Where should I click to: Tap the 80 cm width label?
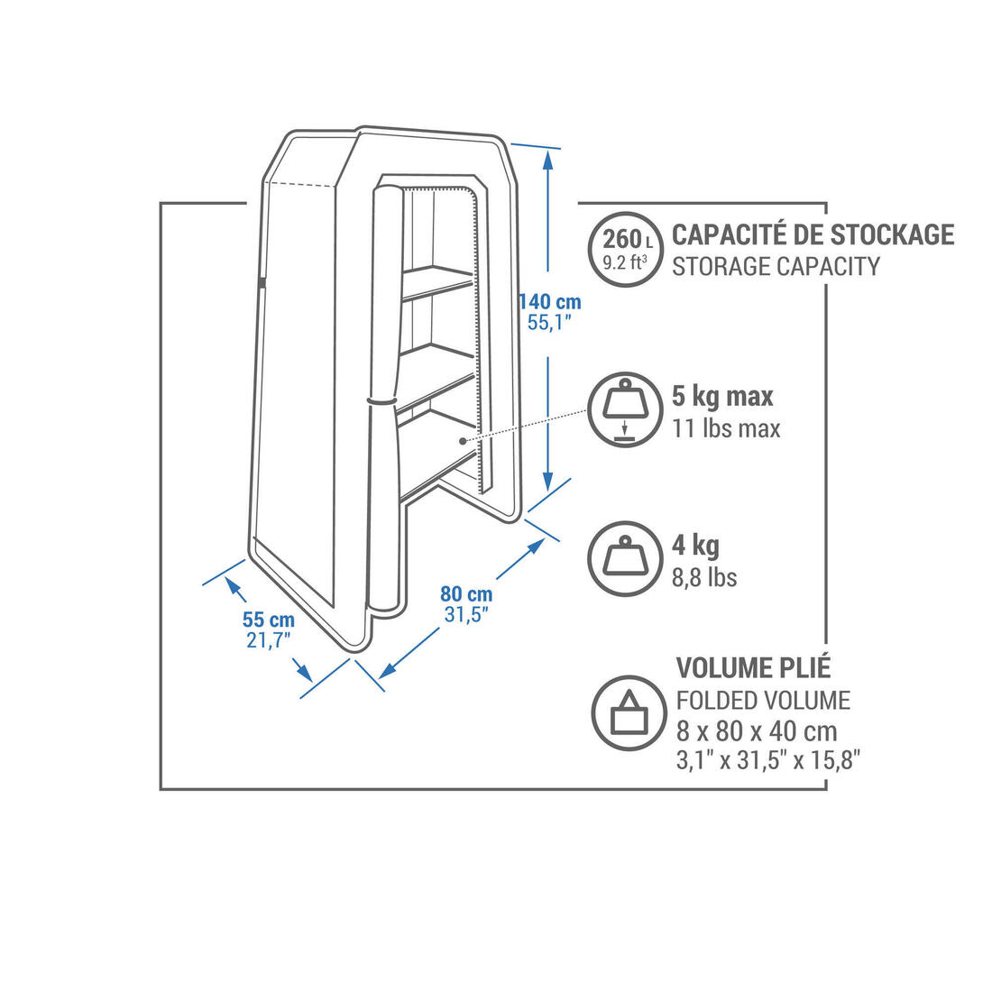tap(466, 594)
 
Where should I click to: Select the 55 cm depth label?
tap(268, 620)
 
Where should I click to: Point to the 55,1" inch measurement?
tap(549, 324)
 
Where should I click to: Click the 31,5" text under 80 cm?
tap(466, 615)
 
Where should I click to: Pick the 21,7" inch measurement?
tap(268, 641)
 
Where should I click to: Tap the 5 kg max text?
tap(722, 397)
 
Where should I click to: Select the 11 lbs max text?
tap(726, 428)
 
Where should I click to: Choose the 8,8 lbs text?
tap(704, 577)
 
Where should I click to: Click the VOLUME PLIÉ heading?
tap(754, 667)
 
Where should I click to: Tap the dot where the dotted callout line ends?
tap(462, 441)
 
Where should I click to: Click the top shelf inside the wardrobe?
tap(436, 279)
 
